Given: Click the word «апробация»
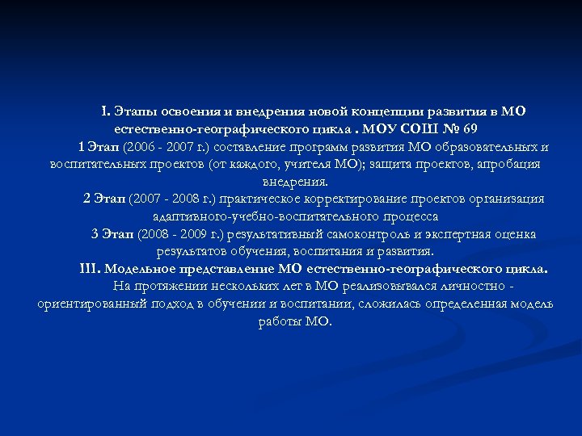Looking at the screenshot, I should [x=506, y=164].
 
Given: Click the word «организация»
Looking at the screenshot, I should [x=504, y=199].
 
